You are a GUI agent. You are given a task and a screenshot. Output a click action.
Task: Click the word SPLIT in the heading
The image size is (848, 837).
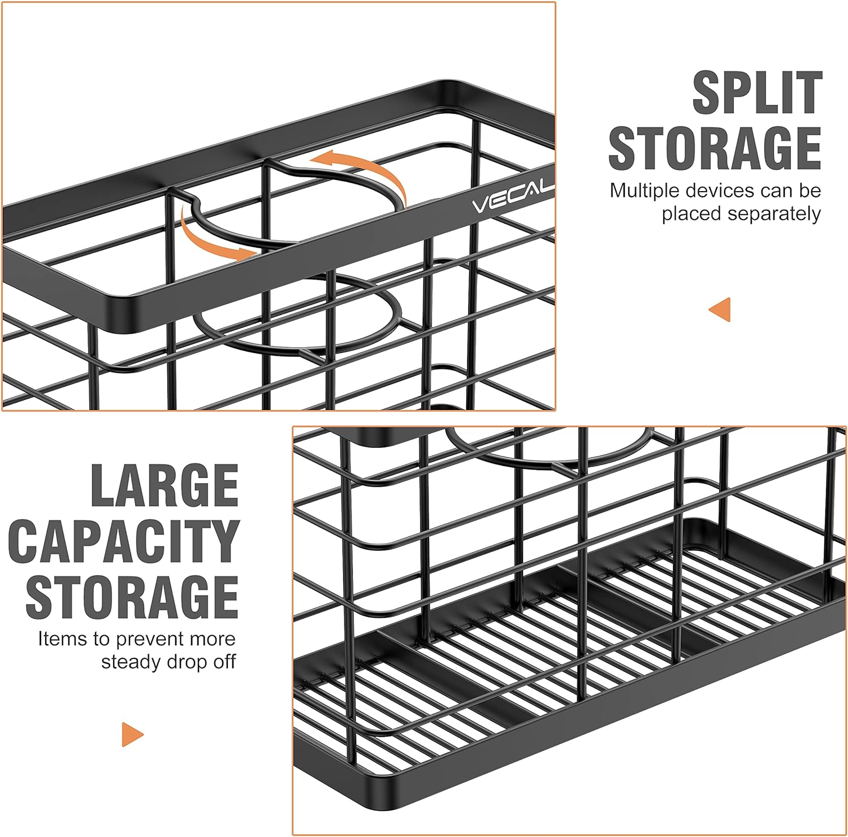(x=757, y=93)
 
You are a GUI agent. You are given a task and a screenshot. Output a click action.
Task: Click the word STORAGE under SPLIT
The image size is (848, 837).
(x=715, y=148)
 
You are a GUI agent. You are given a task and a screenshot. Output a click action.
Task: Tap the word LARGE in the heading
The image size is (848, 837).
(x=165, y=485)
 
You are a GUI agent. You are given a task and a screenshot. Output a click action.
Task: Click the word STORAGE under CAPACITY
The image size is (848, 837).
(x=132, y=596)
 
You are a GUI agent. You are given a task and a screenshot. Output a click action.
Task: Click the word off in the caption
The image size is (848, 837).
(x=224, y=662)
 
